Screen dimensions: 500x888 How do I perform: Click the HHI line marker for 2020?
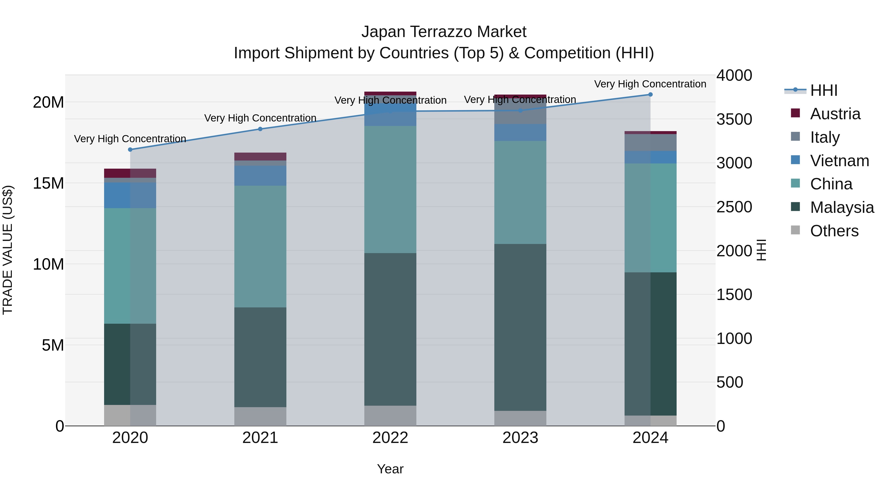coord(130,149)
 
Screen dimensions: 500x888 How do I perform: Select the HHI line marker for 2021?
coord(260,129)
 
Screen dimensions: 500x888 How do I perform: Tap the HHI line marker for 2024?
coord(650,94)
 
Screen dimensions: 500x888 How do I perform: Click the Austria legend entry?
coord(834,114)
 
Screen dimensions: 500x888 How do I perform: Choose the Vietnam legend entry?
coord(839,161)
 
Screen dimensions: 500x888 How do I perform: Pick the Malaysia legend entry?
coord(841,207)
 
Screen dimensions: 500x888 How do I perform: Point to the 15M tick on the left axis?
coord(48,183)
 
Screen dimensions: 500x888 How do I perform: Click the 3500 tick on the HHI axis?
coord(734,120)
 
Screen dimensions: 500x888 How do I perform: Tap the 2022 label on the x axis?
coord(390,438)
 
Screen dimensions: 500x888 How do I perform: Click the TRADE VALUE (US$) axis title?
coord(8,250)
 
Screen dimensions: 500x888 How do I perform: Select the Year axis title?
coord(390,469)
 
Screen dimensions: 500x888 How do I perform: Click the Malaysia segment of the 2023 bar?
coord(520,327)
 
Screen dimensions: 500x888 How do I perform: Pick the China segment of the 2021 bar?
coord(260,246)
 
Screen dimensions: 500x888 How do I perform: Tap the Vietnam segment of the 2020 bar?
coord(130,195)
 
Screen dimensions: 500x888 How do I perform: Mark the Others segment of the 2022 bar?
coord(390,416)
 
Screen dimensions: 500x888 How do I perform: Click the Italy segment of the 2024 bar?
coord(650,142)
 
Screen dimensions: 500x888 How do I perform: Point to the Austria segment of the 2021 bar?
coord(260,156)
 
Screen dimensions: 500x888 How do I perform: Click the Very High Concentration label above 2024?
coord(650,84)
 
